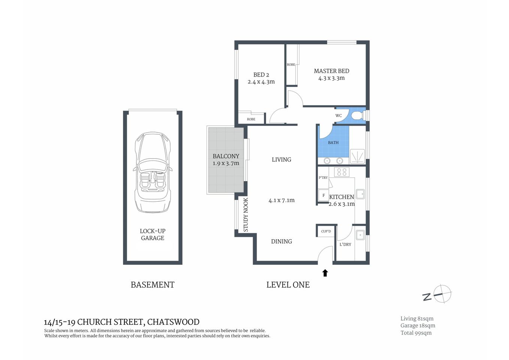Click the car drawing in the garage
[x=153, y=172]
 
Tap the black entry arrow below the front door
[x=325, y=273]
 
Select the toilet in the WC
[x=357, y=115]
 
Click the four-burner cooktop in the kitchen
[x=341, y=172]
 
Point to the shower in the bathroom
[x=357, y=156]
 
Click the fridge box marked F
[x=323, y=195]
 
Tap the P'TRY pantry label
[x=323, y=178]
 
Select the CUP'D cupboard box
[x=326, y=231]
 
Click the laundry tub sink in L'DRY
[x=360, y=235]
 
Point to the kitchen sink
[x=360, y=194]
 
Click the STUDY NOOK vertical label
[x=246, y=215]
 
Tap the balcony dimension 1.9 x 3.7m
[x=226, y=163]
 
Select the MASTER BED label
[x=331, y=71]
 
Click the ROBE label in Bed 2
[x=251, y=119]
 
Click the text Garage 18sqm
[x=418, y=325]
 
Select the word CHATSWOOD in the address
[x=173, y=322]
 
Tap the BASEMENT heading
[x=153, y=285]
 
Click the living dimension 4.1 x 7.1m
[x=281, y=200]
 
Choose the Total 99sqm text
[x=416, y=333]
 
